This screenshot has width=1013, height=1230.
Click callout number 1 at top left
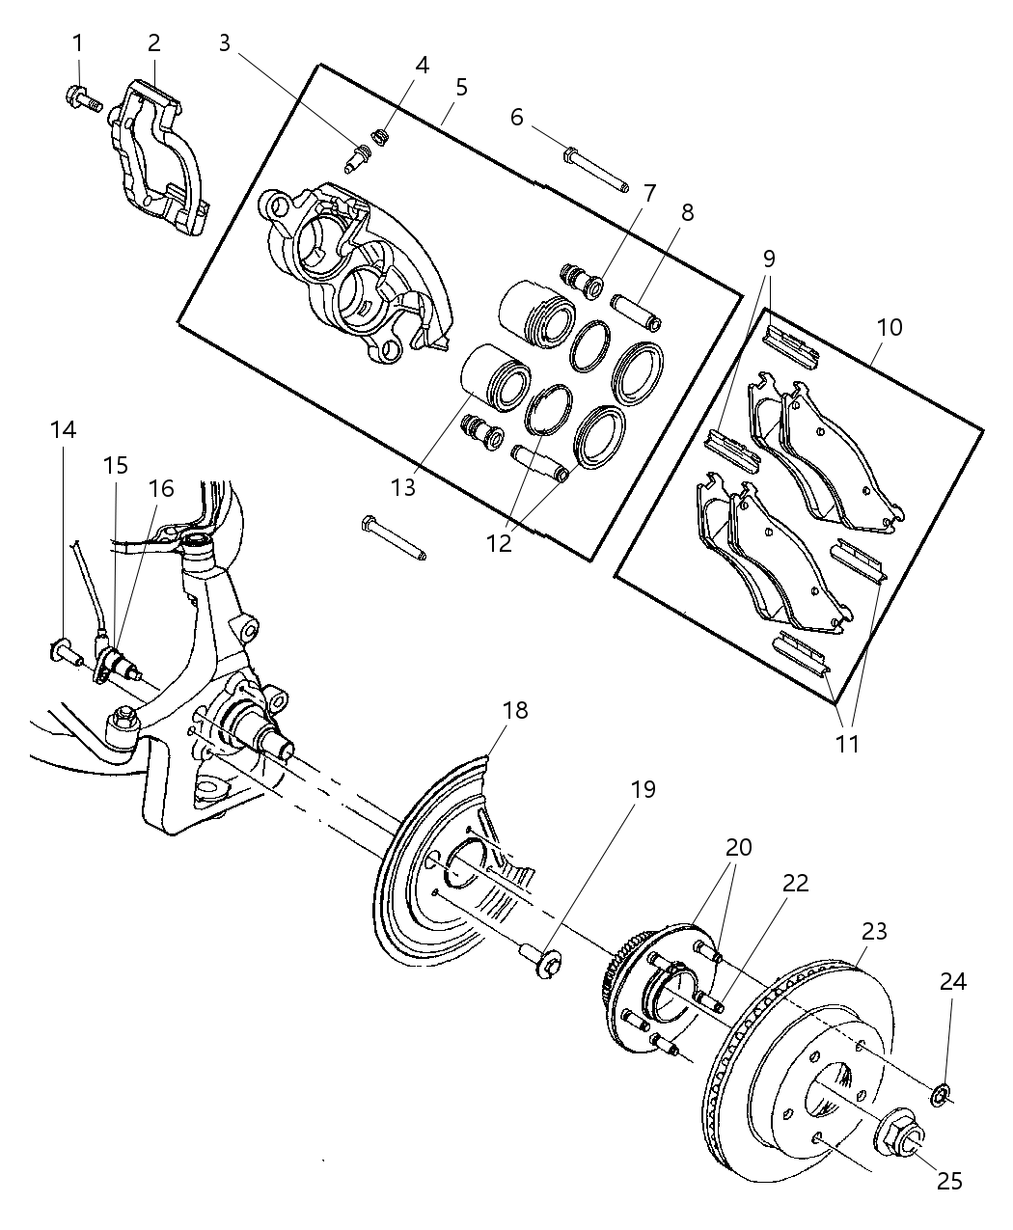pos(76,42)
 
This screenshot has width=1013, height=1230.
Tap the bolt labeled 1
pos(83,96)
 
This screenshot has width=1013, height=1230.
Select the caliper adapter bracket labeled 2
pos(159,159)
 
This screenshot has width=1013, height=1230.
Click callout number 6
pos(517,118)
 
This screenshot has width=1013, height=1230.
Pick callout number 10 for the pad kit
pos(890,327)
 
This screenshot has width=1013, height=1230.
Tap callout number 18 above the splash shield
pos(515,711)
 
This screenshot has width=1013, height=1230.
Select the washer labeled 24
pos(941,1093)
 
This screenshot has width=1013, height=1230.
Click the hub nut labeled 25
pos(896,1131)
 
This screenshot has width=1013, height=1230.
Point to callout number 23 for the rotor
pos(875,932)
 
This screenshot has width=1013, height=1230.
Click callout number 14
pos(64,429)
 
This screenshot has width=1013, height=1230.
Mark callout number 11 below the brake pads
pos(848,744)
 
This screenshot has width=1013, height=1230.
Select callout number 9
pos(769,259)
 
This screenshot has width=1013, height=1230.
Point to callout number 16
pos(161,488)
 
